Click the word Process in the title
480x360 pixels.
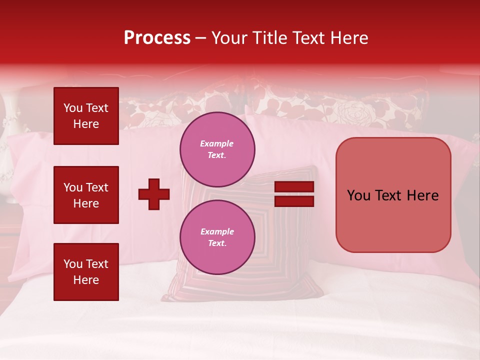[x=157, y=38]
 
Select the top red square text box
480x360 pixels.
[x=86, y=116]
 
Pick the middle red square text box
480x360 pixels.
[x=86, y=195]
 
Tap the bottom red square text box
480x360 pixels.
[x=86, y=271]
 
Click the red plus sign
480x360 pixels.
[x=154, y=194]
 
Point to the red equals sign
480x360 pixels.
[x=294, y=194]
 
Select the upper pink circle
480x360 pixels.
[x=217, y=149]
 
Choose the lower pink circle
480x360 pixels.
[x=217, y=237]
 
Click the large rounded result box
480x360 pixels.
[x=393, y=195]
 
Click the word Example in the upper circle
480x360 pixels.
[x=217, y=143]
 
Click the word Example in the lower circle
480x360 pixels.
[x=217, y=231]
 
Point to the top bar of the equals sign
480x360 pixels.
[x=294, y=187]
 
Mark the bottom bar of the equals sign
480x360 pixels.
[x=294, y=201]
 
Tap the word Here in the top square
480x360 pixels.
[x=86, y=124]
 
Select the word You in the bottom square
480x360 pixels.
[x=73, y=264]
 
